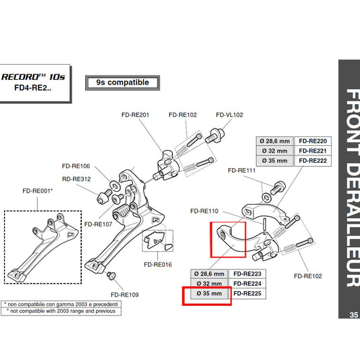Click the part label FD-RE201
click(x=134, y=115)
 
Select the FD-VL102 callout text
click(x=230, y=115)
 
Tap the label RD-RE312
click(x=76, y=180)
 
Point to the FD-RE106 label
click(x=76, y=166)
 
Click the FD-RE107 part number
click(x=98, y=224)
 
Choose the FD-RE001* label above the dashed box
click(x=38, y=191)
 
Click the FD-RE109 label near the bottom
click(x=125, y=295)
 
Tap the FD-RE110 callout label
click(x=205, y=210)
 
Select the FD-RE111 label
click(x=241, y=171)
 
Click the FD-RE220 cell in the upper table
click(x=312, y=140)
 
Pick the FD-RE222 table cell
click(x=312, y=161)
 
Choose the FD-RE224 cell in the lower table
click(x=247, y=284)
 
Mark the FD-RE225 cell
click(x=247, y=294)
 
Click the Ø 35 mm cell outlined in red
click(x=207, y=295)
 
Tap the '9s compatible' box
click(x=122, y=83)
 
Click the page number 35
click(x=354, y=315)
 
